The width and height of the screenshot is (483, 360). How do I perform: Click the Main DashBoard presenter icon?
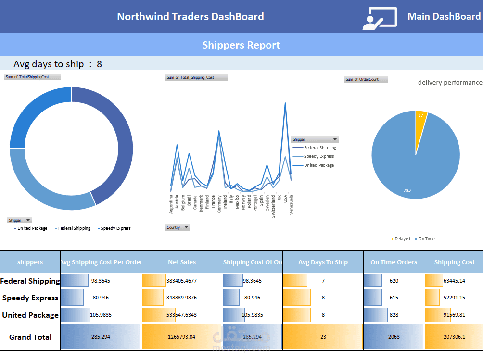point(380,19)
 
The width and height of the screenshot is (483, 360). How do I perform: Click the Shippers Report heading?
point(241,45)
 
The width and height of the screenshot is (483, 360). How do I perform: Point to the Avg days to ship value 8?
point(99,64)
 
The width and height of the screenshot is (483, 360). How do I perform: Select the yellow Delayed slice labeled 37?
point(420,115)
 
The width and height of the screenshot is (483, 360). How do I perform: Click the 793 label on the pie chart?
point(407,190)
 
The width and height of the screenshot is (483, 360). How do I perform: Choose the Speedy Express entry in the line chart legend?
point(318,156)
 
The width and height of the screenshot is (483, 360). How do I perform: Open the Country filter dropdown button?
point(186,227)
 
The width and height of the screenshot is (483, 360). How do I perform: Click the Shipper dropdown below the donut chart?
point(28,220)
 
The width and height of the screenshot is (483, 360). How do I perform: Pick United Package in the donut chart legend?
point(32,228)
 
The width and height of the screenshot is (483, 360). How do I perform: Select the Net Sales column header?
point(182,262)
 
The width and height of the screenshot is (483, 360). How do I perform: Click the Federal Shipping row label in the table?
point(30,281)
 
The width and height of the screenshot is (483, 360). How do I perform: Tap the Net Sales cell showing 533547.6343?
point(182,315)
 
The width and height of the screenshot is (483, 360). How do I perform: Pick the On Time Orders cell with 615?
point(394,298)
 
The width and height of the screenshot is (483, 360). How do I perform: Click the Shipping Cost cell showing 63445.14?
point(454,281)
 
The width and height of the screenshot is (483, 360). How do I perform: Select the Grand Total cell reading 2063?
point(394,337)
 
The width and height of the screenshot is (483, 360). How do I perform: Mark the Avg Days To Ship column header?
point(323,262)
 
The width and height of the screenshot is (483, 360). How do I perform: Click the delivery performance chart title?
point(450,82)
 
